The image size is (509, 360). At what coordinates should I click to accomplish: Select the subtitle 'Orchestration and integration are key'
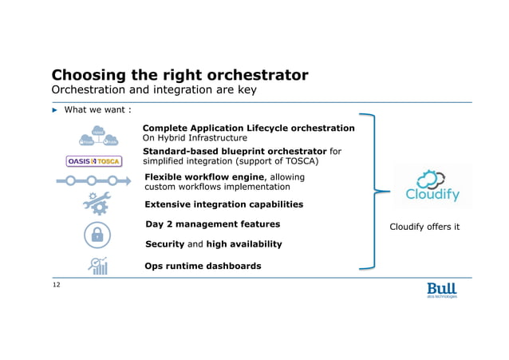click(153, 90)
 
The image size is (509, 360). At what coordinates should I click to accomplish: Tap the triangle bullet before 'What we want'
click(55, 110)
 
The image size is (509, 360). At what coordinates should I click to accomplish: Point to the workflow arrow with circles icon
click(93, 180)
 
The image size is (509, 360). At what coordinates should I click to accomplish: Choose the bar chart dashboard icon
click(98, 266)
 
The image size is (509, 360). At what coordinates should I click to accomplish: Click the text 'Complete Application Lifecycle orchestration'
click(248, 128)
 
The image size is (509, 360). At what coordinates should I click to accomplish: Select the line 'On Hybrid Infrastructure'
click(195, 138)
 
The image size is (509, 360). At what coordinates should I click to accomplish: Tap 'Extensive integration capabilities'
click(223, 204)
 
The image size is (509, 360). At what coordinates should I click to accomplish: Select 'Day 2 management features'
click(212, 224)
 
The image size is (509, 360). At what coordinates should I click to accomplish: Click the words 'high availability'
click(244, 244)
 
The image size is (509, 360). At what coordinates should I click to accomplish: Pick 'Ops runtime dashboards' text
click(203, 266)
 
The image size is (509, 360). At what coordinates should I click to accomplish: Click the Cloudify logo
click(432, 185)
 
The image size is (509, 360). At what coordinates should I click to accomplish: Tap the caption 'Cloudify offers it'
click(424, 227)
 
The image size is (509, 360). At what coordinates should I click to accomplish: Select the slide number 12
click(56, 284)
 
